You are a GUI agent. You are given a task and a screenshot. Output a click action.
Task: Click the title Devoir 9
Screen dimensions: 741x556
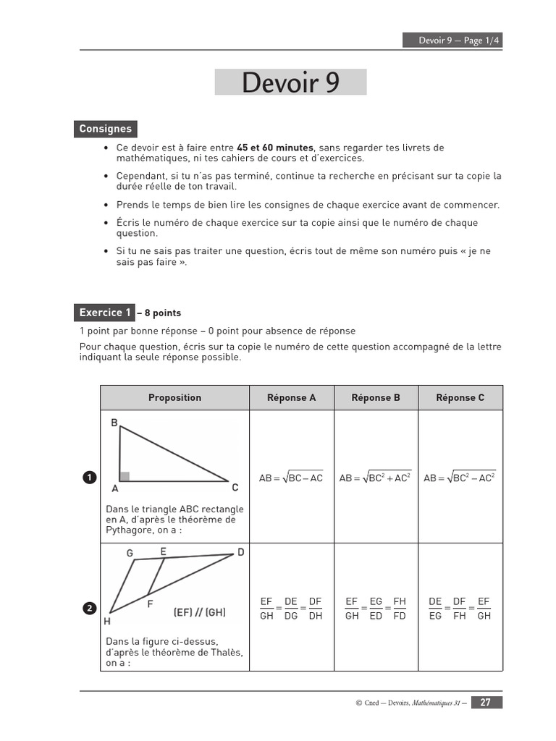[290, 82]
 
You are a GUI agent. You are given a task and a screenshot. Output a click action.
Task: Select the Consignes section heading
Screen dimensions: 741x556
[105, 129]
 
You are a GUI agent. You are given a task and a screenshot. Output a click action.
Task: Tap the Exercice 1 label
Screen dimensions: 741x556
[105, 313]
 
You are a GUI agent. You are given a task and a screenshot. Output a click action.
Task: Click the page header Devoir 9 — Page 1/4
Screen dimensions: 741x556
[452, 41]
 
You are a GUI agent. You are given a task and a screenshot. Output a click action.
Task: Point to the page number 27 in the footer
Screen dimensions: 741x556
[486, 702]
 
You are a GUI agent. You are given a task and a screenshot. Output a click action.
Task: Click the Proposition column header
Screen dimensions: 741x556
[174, 397]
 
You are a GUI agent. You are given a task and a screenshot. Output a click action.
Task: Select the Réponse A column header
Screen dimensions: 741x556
[291, 397]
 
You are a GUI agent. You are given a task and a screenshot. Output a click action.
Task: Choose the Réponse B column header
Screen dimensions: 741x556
[376, 397]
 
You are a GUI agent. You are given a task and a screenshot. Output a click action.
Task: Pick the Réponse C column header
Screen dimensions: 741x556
[460, 397]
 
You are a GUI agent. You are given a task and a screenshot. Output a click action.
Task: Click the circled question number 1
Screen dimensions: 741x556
[89, 477]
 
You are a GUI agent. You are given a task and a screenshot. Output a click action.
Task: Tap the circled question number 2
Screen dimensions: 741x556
[89, 609]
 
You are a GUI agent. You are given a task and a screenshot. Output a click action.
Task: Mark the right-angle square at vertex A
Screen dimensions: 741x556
[125, 476]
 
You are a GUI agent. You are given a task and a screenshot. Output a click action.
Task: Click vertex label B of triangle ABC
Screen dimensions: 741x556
[114, 423]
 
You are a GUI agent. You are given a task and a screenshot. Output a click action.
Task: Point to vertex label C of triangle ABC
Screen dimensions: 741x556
[235, 488]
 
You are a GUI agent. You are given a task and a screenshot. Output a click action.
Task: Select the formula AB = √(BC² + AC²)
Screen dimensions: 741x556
[375, 478]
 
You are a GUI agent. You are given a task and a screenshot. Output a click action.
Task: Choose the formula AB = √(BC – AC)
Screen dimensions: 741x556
[291, 478]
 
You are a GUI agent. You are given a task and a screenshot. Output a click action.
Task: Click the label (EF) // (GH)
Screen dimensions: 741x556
[199, 612]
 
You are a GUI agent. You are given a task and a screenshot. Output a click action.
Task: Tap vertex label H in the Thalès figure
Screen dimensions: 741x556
[107, 621]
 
